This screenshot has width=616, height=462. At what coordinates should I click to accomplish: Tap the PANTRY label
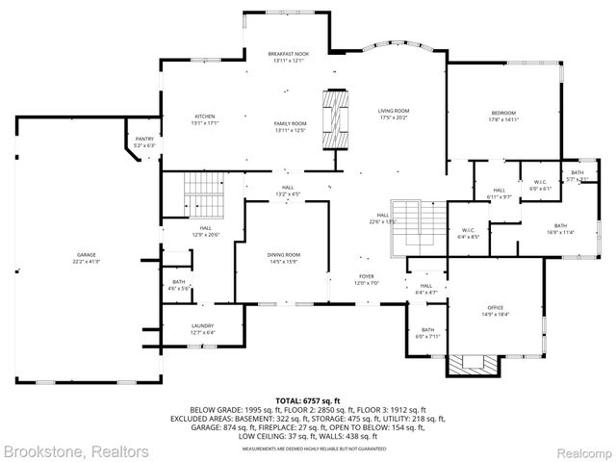click(x=144, y=141)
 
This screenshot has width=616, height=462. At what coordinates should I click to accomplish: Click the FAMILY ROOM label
click(x=290, y=126)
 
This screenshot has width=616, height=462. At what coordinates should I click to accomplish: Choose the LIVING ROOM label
click(x=394, y=114)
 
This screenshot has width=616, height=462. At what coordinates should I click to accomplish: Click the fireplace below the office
click(x=473, y=365)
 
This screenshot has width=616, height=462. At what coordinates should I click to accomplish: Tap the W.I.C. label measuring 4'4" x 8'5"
click(x=469, y=232)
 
